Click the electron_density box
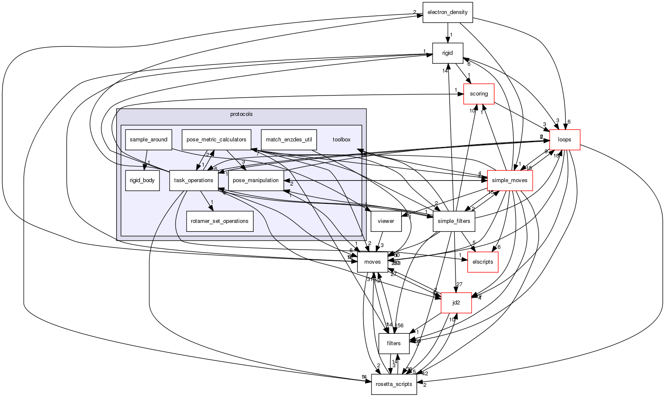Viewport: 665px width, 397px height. [447, 12]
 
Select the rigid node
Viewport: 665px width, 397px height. [447, 53]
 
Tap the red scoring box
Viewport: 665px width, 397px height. [479, 94]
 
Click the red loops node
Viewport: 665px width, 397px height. [564, 140]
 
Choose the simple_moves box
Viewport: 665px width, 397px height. [510, 180]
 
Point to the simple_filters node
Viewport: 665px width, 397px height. [454, 221]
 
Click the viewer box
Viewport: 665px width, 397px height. [386, 221]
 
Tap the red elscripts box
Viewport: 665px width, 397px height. [483, 262]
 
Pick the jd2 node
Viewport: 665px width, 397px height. [456, 303]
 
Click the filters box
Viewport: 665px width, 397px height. [394, 344]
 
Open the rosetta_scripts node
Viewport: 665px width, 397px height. [394, 384]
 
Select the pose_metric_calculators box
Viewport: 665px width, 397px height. [217, 140]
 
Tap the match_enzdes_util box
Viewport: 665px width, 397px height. [289, 140]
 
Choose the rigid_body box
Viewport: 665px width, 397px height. [142, 180]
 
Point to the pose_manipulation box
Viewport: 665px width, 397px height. [256, 180]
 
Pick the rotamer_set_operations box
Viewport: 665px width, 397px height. [220, 221]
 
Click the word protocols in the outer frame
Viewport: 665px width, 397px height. [241, 114]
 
